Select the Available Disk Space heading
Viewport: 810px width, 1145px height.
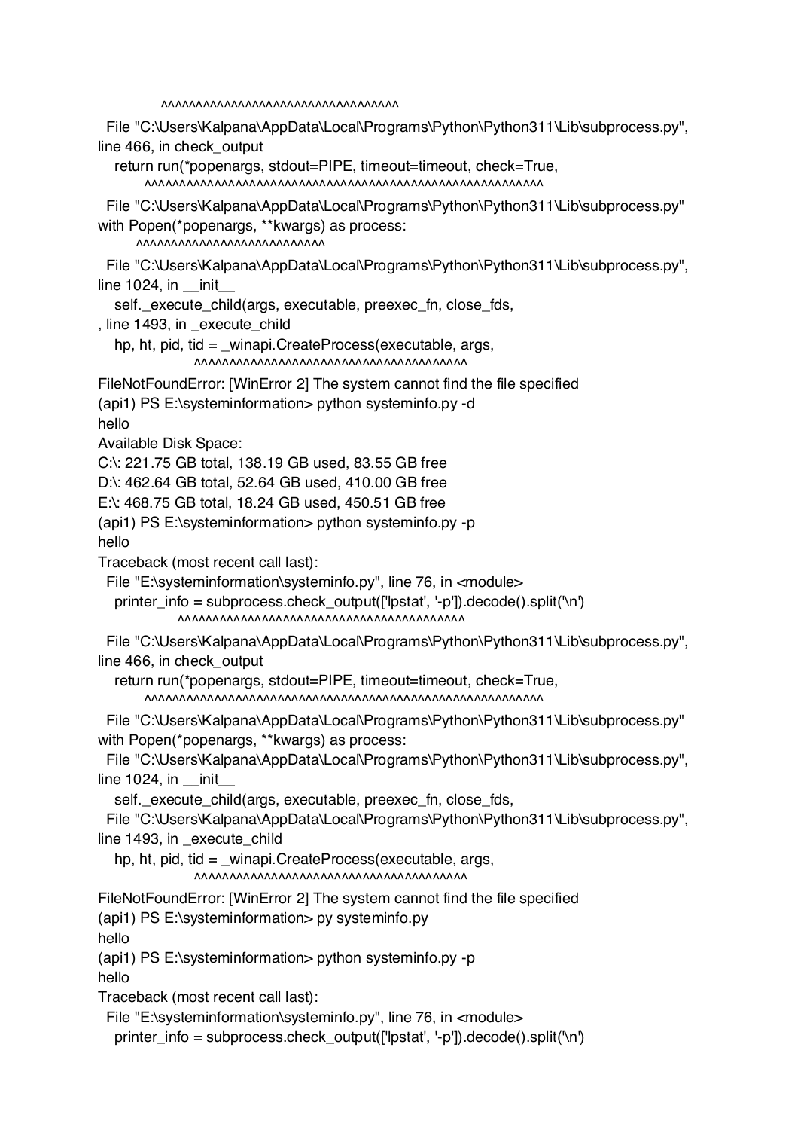click(170, 444)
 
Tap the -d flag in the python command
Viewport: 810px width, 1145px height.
click(467, 404)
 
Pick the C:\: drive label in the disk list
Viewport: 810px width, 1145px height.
click(109, 463)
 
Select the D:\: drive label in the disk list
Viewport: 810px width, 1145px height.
click(109, 483)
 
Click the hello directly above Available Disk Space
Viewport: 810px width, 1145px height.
click(114, 424)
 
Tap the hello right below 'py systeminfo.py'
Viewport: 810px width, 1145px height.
click(114, 939)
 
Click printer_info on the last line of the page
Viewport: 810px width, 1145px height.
click(151, 1037)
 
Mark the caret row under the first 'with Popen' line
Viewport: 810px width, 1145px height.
click(230, 245)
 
